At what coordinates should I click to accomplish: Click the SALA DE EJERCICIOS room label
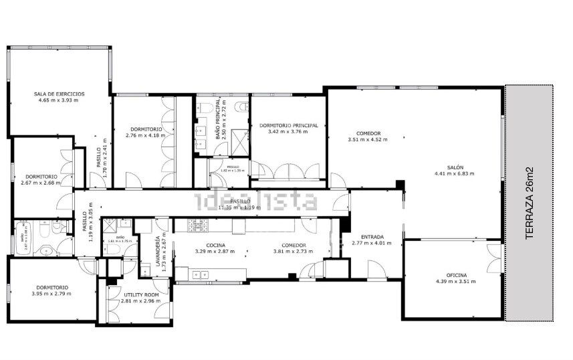[60, 94]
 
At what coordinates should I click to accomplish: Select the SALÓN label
[455, 168]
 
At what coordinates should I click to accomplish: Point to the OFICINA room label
[457, 275]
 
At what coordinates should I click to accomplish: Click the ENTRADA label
[372, 236]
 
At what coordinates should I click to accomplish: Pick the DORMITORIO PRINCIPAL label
[288, 125]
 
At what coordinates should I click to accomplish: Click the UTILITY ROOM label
[141, 294]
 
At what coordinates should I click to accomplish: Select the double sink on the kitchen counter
[200, 273]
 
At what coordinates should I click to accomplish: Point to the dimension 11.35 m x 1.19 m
[240, 207]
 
